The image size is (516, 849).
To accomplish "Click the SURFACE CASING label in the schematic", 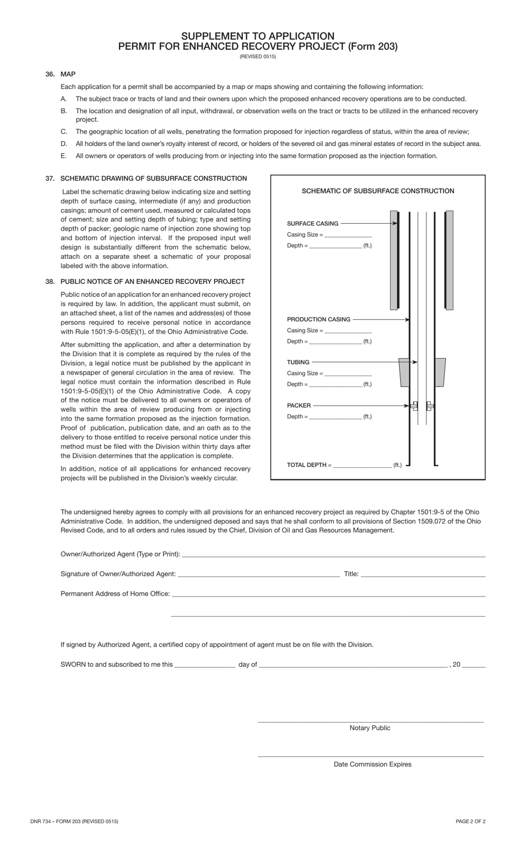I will point(312,224).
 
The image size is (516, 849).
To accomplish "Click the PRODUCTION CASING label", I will point(318,319).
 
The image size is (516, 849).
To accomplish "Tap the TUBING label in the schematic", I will point(298,362).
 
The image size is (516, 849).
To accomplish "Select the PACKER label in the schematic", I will point(299,406).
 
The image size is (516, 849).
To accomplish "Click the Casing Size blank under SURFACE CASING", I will point(348,236).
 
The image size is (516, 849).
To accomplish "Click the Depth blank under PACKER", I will point(335,417).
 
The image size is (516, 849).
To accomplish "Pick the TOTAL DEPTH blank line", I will point(362,466).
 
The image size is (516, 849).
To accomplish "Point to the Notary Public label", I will point(370,728).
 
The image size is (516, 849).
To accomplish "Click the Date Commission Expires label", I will point(372,764).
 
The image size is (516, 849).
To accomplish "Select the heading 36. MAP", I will point(61,74).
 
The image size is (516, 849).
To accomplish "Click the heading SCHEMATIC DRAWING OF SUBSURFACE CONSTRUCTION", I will point(153,179).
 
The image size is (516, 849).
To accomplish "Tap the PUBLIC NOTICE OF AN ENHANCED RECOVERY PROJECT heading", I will point(152,282).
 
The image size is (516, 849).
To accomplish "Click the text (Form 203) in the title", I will point(373,46).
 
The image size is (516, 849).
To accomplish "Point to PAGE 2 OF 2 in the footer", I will point(470,821).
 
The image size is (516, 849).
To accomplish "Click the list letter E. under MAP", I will point(64,156).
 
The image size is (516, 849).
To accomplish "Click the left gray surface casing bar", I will point(394,261).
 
